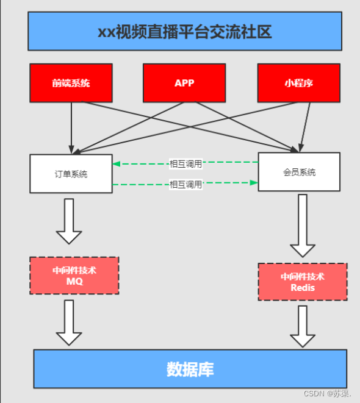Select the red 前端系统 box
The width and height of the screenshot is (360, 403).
[71, 83]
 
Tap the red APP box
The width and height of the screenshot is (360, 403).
[184, 83]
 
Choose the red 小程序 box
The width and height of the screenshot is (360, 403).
[298, 83]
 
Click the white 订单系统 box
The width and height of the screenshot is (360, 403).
[71, 174]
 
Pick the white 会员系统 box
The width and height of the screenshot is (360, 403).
[299, 172]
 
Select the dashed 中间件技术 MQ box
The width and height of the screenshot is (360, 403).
[74, 276]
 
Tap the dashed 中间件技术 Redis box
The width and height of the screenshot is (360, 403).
[303, 282]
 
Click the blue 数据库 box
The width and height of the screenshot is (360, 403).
[190, 369]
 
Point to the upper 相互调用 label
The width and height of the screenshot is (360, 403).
[185, 163]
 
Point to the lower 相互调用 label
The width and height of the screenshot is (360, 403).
[185, 184]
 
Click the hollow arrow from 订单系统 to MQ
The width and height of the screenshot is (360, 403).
[69, 221]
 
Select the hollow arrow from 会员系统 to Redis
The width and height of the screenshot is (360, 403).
[303, 226]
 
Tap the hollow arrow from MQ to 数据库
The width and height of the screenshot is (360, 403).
[69, 322]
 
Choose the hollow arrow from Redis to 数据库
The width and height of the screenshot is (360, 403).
[303, 326]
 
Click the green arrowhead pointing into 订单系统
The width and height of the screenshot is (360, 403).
[117, 163]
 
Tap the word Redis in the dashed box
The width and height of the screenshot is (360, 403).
[303, 287]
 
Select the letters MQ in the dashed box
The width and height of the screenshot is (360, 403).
[74, 282]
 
